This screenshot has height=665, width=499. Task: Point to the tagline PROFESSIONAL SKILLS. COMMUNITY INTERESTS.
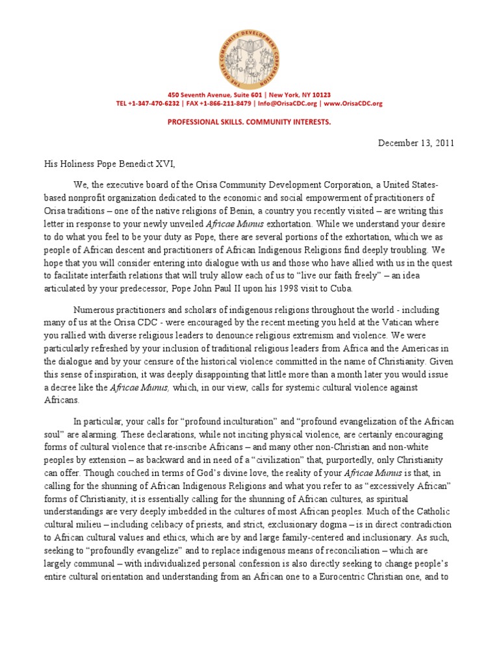[x=249, y=121]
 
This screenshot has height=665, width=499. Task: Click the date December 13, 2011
[x=416, y=144]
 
